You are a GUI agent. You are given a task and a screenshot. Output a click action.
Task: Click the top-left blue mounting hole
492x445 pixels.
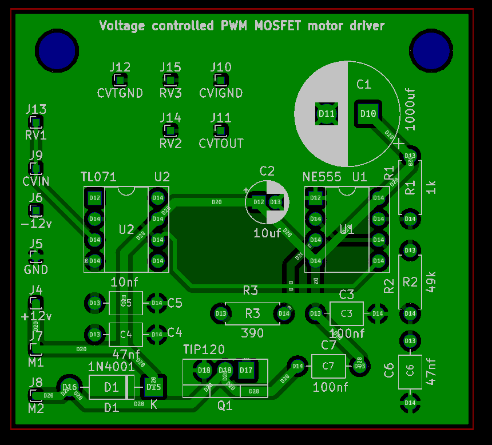[57, 51]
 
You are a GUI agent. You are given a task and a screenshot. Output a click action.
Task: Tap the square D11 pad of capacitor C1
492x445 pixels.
[327, 113]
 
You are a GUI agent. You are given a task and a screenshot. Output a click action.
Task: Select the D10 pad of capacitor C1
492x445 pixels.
[368, 113]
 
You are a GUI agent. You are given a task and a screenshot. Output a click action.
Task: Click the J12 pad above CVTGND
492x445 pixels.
[120, 80]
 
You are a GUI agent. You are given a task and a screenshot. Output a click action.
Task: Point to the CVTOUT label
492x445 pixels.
[221, 143]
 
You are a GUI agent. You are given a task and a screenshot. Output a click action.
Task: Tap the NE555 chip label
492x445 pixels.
[322, 177]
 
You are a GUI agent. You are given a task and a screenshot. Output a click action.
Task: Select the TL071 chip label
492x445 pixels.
[100, 177]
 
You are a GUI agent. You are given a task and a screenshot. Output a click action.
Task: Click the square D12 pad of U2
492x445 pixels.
[95, 198]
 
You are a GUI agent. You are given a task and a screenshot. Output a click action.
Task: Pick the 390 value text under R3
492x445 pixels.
[252, 333]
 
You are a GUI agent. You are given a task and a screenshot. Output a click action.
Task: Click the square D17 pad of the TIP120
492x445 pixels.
[247, 370]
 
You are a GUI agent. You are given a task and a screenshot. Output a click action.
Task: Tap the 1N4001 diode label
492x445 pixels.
[112, 367]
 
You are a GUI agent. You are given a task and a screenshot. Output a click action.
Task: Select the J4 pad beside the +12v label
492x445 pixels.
[35, 303]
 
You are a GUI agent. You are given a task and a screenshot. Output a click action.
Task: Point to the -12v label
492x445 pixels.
[35, 223]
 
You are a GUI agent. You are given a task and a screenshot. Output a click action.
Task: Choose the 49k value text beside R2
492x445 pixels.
[431, 282]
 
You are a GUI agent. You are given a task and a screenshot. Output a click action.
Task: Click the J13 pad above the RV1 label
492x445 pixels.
[36, 122]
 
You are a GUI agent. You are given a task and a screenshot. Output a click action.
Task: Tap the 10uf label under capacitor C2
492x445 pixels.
[267, 233]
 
